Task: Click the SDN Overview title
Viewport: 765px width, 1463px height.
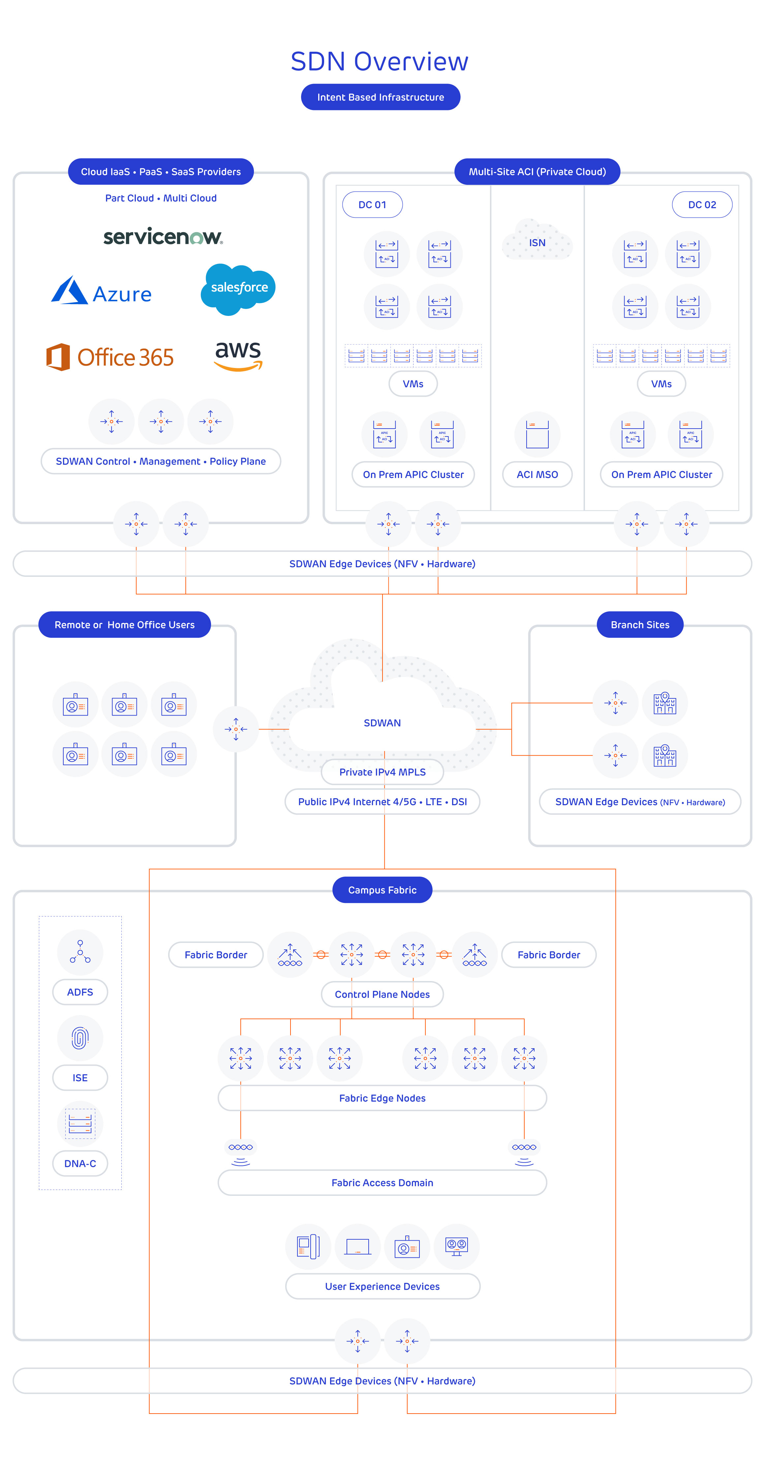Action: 379,61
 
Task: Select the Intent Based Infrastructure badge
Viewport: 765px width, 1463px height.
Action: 380,97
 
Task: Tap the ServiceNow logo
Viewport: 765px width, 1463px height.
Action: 163,236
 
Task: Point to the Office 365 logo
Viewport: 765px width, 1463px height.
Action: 110,357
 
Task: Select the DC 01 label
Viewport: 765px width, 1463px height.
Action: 372,205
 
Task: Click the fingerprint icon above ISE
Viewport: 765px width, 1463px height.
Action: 80,1038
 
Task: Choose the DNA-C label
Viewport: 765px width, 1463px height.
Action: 80,1163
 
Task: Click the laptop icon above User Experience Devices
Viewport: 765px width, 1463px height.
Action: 357,1247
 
